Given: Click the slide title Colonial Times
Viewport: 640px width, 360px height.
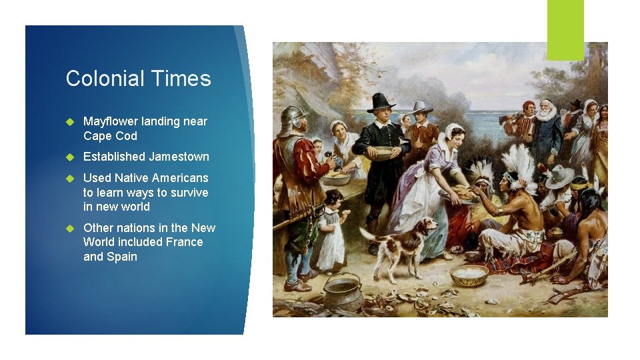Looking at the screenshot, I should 138,79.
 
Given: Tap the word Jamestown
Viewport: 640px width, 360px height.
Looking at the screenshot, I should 179,157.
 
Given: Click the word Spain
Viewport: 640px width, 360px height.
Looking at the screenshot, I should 122,257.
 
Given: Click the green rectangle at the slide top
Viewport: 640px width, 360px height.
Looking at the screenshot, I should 565,29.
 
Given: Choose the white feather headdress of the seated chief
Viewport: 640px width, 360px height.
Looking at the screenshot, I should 519,164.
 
